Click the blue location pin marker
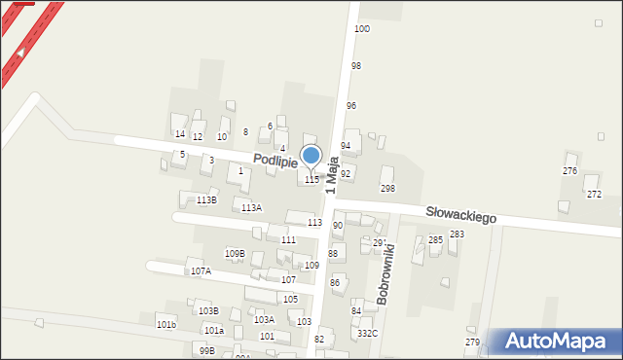point(311,156)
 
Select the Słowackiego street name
point(460,213)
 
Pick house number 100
point(362,29)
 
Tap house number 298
point(387,188)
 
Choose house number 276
point(569,170)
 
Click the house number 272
point(594,194)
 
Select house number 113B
point(206,199)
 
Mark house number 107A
point(201,270)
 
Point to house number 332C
point(367,333)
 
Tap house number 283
point(457,234)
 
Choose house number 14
point(179,133)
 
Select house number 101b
point(165,324)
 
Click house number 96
point(351,105)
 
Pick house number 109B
point(235,254)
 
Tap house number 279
point(473,342)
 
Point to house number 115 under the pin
point(311,180)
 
